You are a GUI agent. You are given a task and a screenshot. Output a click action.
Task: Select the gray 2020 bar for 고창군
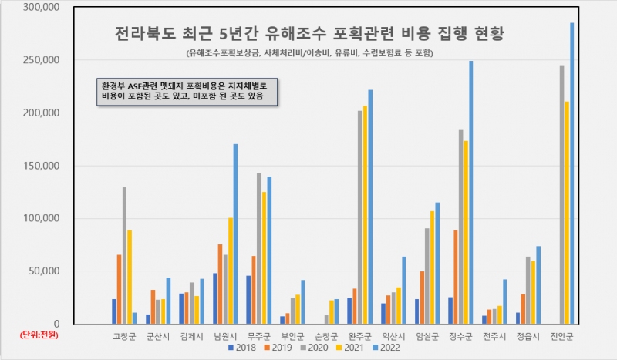tap(124, 255)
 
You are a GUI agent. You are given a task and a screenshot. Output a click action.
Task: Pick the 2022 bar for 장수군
tap(470, 193)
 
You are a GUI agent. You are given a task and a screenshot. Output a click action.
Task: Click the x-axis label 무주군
tap(258, 335)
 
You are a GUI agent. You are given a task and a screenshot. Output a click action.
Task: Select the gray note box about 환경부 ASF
tap(184, 92)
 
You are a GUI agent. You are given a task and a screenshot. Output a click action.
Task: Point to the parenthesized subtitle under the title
tap(308, 52)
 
